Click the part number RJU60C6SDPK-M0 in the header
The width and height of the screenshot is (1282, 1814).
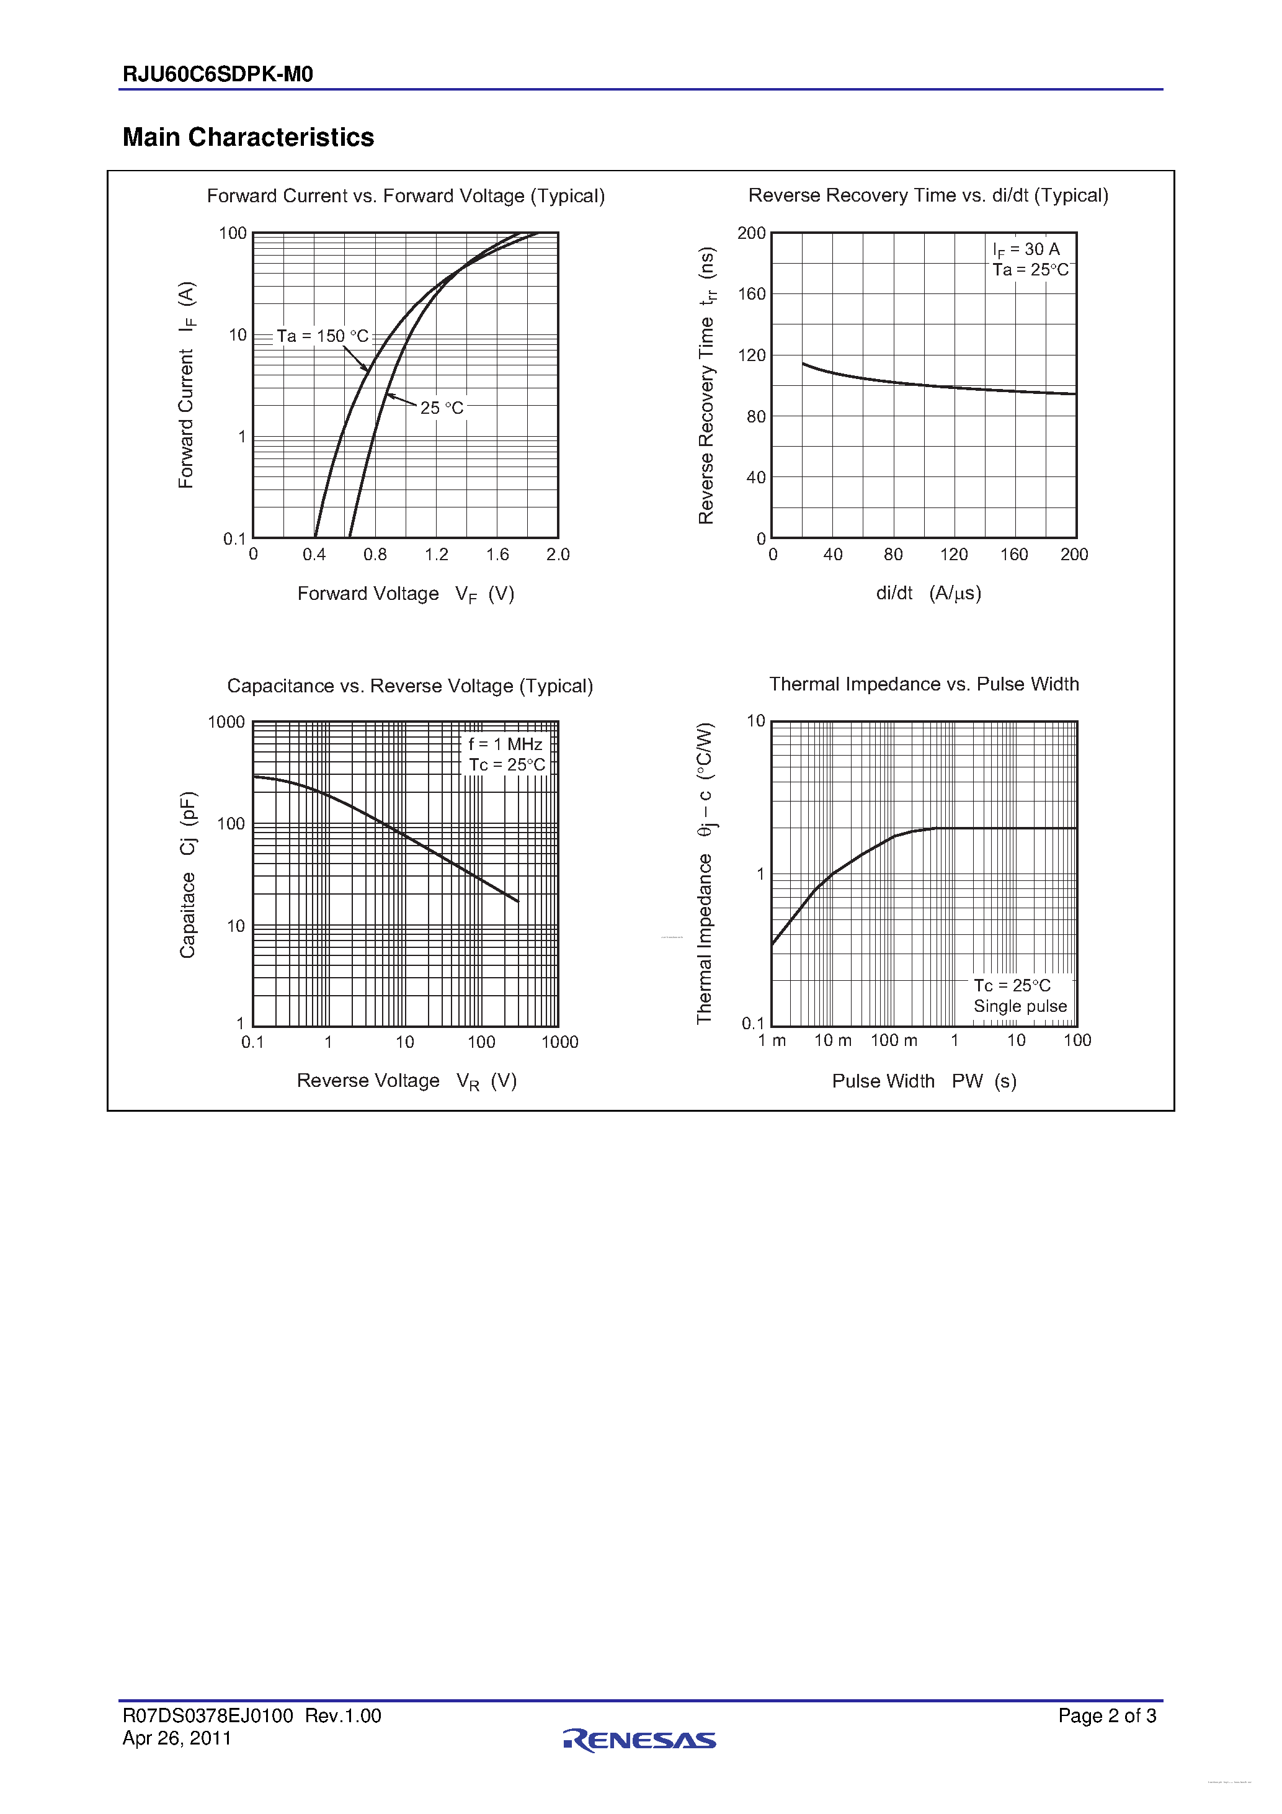click(x=218, y=74)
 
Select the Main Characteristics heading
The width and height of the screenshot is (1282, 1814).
click(x=248, y=138)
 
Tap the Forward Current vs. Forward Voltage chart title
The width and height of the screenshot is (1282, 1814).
click(x=405, y=196)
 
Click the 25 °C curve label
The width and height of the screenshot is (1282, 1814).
click(x=442, y=408)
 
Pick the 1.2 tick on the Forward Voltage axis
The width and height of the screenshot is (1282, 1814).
click(x=436, y=555)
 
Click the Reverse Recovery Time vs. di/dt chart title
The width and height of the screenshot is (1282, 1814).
click(x=928, y=195)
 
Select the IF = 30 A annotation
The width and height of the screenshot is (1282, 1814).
click(x=1026, y=249)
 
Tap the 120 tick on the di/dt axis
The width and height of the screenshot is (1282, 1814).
click(x=953, y=555)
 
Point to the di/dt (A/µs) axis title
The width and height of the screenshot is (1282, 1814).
click(x=928, y=593)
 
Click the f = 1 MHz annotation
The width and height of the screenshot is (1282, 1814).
click(x=505, y=744)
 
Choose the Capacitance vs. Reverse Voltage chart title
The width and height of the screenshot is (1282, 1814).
click(x=410, y=686)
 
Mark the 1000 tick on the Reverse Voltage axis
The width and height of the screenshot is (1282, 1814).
click(x=559, y=1042)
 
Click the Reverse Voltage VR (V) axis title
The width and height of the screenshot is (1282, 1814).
click(x=407, y=1081)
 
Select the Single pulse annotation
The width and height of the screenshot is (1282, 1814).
click(x=1020, y=1006)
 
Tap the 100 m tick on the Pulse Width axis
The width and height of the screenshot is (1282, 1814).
click(x=893, y=1040)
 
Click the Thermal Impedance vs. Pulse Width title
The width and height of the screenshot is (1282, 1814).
click(x=924, y=684)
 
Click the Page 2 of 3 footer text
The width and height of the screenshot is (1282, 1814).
click(x=1106, y=1716)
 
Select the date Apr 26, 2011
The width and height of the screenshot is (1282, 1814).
click(x=177, y=1738)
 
